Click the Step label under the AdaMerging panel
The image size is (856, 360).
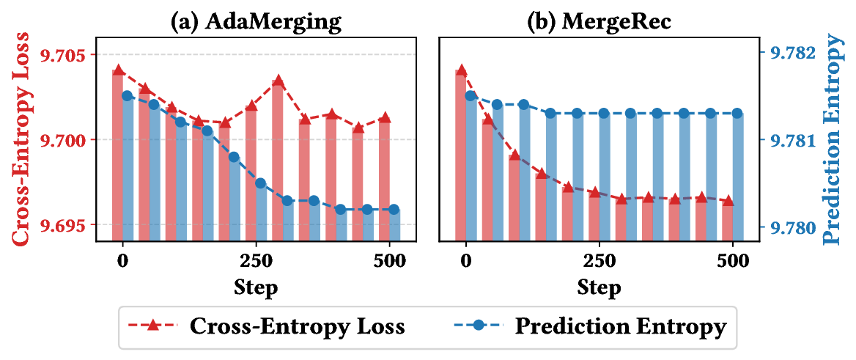point(255,287)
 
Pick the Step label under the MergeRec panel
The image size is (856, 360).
point(598,287)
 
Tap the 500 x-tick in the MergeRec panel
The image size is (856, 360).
point(732,260)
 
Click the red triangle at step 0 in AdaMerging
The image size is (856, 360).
point(119,70)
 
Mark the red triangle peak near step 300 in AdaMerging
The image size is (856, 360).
point(278,80)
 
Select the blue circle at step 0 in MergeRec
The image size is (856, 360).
point(471,96)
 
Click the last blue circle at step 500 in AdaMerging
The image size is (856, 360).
point(394,210)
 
